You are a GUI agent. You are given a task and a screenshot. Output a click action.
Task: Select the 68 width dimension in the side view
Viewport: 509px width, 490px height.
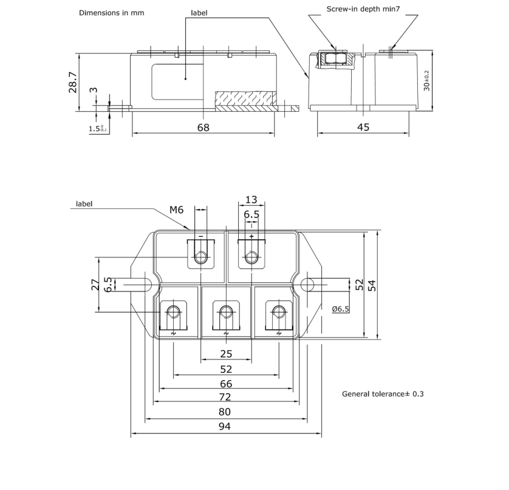[203, 128]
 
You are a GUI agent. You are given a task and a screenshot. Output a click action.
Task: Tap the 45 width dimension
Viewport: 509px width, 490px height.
[363, 128]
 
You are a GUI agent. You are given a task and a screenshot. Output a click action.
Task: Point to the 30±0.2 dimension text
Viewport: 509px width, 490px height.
[426, 81]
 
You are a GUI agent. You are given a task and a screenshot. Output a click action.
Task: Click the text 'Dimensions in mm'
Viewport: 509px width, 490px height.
[112, 13]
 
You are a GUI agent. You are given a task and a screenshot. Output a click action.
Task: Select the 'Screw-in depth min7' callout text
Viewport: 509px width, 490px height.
[362, 9]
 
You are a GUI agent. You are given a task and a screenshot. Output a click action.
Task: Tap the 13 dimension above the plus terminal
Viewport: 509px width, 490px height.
[251, 200]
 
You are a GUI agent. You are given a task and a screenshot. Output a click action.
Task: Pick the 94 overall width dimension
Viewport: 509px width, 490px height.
[224, 427]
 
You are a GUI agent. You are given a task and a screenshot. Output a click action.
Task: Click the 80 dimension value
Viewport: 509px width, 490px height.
[224, 412]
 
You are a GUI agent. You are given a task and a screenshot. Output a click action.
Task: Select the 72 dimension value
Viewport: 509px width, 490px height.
[224, 398]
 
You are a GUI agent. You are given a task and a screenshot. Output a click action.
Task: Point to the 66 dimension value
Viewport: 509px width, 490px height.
[225, 384]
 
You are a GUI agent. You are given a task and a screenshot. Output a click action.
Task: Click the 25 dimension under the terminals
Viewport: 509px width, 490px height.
[226, 354]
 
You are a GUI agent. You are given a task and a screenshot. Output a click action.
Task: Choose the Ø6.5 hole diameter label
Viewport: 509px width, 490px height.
[341, 309]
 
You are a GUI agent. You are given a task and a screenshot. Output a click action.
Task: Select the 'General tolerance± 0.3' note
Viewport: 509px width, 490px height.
[383, 394]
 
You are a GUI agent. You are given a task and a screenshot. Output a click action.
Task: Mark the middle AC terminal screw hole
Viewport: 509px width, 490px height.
[227, 312]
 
